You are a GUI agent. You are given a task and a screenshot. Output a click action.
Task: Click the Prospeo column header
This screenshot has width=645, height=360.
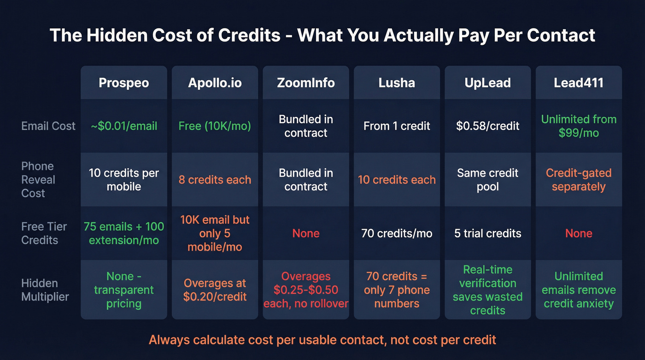coord(123,83)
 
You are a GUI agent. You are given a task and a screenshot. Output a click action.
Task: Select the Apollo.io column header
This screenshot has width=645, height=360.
coord(215,83)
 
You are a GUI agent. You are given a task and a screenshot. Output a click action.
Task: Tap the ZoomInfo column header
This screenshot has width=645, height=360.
coord(305,83)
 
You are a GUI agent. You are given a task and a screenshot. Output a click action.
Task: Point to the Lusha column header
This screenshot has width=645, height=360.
coord(397,83)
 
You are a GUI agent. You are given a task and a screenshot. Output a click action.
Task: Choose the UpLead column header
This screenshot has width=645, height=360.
coord(487,83)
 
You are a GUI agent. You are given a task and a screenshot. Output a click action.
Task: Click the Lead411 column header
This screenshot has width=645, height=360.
coord(579,83)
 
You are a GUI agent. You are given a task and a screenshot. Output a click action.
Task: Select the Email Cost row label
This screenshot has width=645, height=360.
coord(48,126)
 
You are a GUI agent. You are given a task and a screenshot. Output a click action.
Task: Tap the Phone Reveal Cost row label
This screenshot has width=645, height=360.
coord(38,180)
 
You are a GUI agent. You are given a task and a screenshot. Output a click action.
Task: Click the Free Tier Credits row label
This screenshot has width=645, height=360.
coord(44,233)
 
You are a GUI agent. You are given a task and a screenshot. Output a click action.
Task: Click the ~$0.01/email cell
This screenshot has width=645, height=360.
coord(123,126)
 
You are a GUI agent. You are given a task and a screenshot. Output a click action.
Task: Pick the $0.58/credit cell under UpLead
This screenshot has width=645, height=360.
coord(487,126)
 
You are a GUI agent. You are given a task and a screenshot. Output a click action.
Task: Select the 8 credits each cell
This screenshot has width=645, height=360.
coord(215,180)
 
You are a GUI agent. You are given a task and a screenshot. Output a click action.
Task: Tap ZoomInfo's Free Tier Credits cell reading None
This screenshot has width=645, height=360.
coord(305,233)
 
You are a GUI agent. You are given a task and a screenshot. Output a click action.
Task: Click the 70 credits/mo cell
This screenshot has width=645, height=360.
coord(397,233)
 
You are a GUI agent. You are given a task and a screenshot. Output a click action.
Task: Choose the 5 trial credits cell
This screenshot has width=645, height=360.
coord(487,233)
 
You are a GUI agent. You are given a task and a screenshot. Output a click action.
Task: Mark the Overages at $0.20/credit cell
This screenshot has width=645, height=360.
coord(215,290)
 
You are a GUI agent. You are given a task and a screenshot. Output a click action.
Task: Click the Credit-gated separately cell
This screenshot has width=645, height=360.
coord(579,180)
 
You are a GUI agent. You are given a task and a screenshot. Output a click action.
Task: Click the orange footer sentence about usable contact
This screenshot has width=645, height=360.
coord(322,340)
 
